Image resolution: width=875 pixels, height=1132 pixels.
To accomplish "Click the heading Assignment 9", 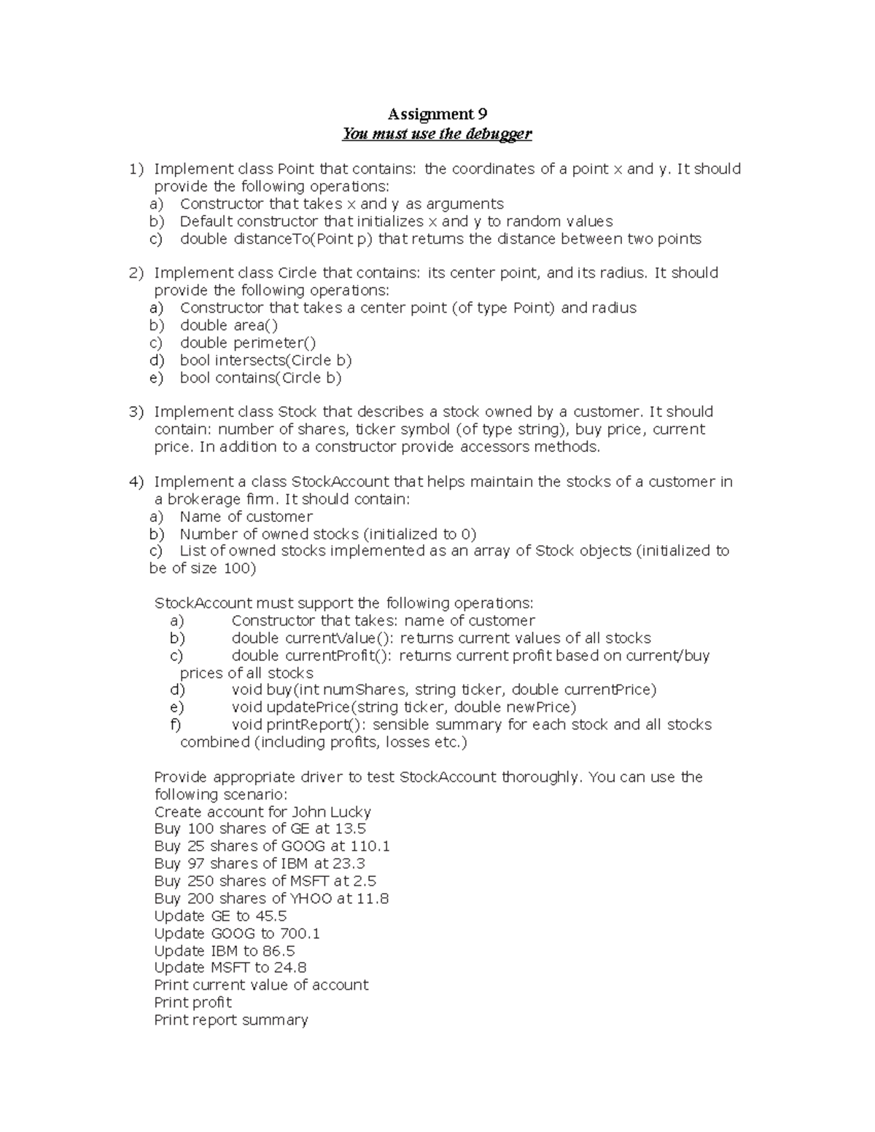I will pyautogui.click(x=437, y=114).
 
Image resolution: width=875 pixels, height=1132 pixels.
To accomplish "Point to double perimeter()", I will pyautogui.click(x=248, y=343).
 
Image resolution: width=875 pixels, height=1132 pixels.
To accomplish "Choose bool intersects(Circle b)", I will pyautogui.click(x=266, y=360).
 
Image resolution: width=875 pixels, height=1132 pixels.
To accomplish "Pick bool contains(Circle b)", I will pyautogui.click(x=260, y=378).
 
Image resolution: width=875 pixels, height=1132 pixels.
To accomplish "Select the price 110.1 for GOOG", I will pyautogui.click(x=370, y=846).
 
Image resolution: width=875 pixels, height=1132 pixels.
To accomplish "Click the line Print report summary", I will pyautogui.click(x=231, y=1020).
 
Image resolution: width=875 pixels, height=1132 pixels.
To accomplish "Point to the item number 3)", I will pyautogui.click(x=136, y=413).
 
